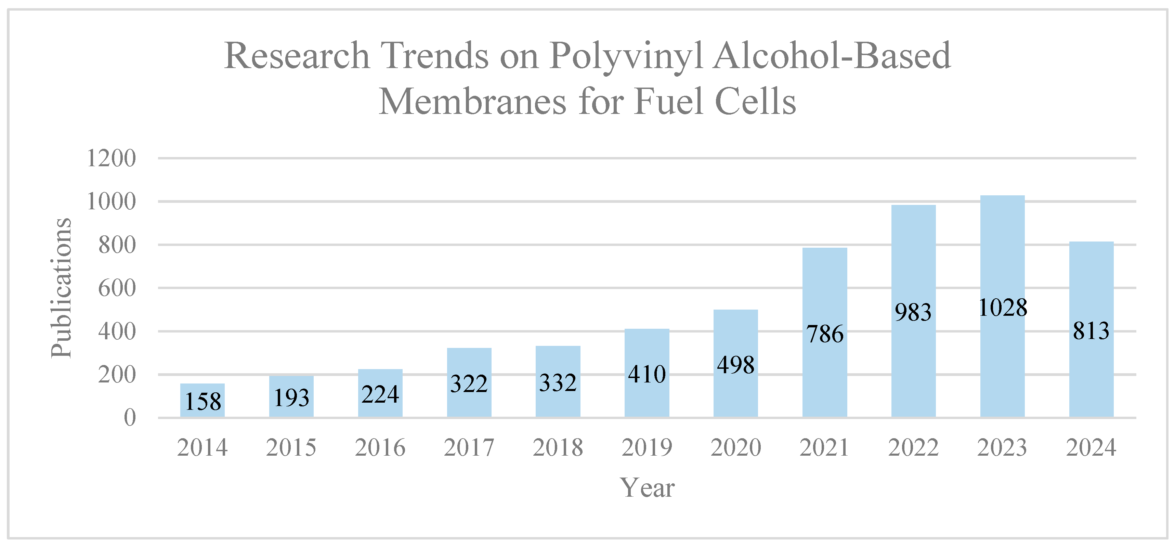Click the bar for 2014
click(x=202, y=400)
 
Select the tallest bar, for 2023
click(x=1002, y=256)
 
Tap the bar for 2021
click(x=824, y=292)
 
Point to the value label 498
click(x=735, y=365)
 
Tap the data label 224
click(x=380, y=394)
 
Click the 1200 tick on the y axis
click(x=111, y=159)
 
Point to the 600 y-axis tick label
click(x=117, y=288)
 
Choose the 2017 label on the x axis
click(x=469, y=447)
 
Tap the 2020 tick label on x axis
click(x=735, y=447)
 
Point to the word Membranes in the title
click(x=472, y=101)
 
